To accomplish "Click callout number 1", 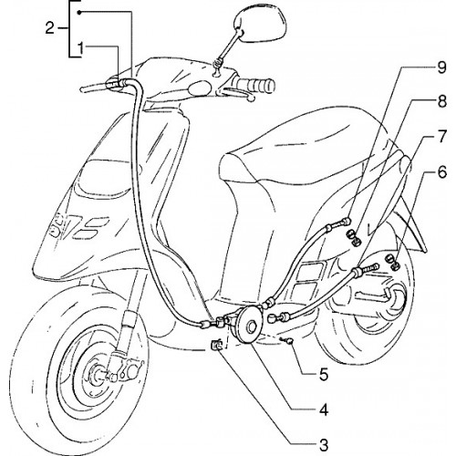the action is click(80, 48).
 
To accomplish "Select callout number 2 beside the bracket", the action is click(49, 28).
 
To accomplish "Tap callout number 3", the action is click(324, 445).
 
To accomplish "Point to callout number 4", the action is click(324, 410).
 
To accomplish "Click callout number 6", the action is click(442, 172).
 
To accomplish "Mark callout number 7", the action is click(441, 136).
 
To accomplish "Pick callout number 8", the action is click(441, 101).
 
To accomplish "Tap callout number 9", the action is click(441, 67).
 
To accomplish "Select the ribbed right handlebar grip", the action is click(255, 84).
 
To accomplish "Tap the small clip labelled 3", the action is click(216, 345).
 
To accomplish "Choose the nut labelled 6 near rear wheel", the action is click(392, 263).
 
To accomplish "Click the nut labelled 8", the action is click(354, 237).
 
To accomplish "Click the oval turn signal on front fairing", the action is click(200, 88).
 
